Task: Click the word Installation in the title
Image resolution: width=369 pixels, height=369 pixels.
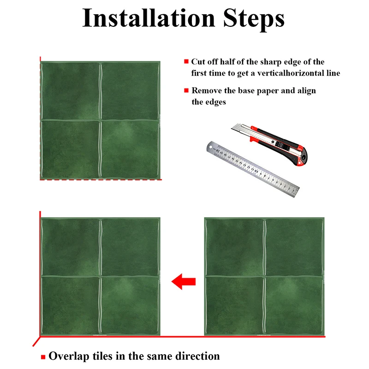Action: (149, 18)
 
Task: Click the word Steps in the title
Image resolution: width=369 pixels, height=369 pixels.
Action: (254, 18)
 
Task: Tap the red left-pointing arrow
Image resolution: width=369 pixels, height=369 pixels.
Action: (184, 281)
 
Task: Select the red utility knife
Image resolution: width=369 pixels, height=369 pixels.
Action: (269, 144)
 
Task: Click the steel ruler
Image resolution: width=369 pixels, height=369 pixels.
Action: (253, 169)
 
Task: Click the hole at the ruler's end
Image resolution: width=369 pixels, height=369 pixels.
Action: (211, 148)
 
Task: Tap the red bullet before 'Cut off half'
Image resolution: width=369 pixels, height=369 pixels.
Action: (186, 61)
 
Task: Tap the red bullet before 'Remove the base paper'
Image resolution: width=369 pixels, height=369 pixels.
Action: (186, 90)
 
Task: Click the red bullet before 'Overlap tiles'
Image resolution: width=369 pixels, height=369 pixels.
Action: (43, 357)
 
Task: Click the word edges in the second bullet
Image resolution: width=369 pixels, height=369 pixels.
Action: (215, 102)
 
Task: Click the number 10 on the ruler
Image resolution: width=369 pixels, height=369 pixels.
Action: (256, 170)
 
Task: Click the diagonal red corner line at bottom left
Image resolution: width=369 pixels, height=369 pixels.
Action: (36, 341)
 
